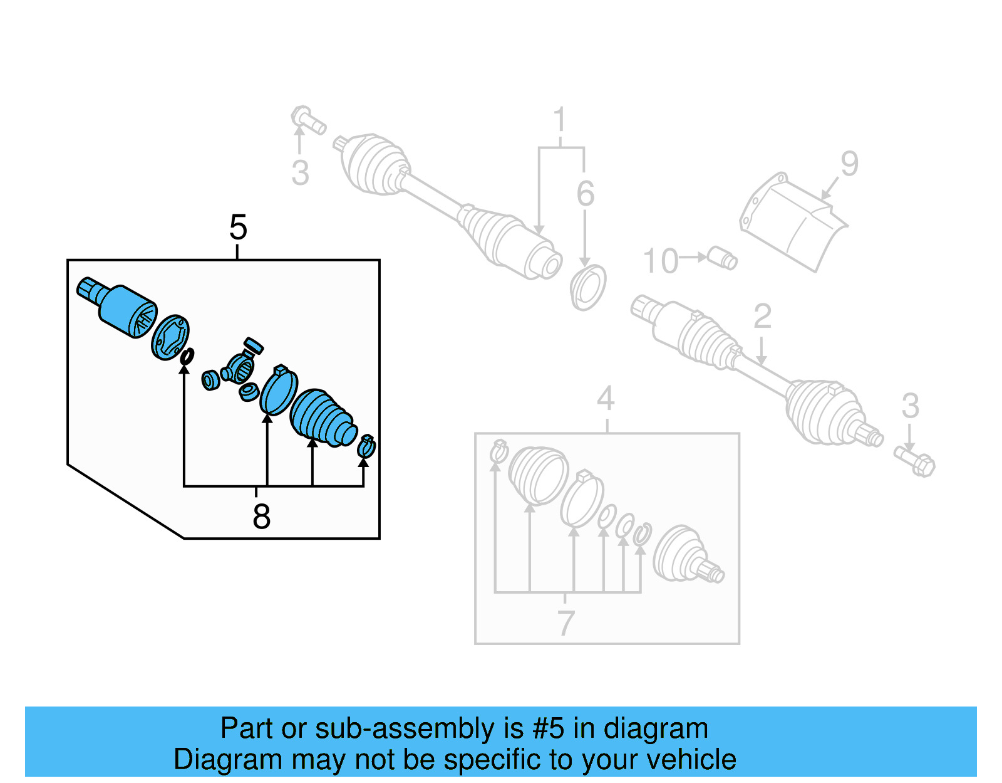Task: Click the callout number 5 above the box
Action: coord(238,227)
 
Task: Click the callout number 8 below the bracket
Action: coord(261,517)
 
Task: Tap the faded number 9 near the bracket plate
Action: coord(849,164)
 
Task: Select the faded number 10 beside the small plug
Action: coord(660,261)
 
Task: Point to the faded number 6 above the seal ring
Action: coord(585,194)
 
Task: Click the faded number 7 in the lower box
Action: coord(566,623)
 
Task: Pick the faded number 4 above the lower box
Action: coord(605,399)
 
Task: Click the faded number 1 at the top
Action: coord(559,120)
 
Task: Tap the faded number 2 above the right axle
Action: coord(762,316)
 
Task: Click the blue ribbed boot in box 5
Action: coord(323,418)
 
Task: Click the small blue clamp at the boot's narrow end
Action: coord(366,446)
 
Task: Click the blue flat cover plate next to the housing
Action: coord(170,338)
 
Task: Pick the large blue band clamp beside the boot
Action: coord(279,391)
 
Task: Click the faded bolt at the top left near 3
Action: coord(307,120)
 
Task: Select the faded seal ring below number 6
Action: coord(588,287)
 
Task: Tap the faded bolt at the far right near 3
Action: coord(916,461)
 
